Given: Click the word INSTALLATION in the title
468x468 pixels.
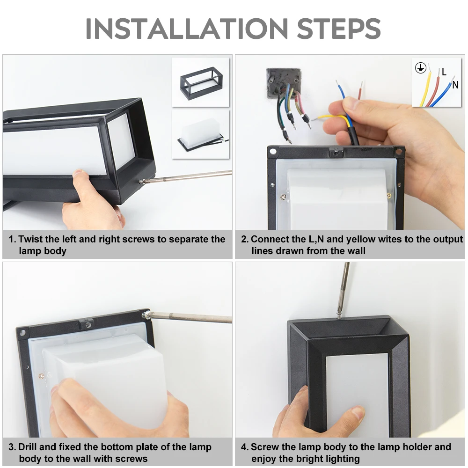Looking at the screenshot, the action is [x=187, y=29].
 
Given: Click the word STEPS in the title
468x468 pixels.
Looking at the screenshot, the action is [x=339, y=29].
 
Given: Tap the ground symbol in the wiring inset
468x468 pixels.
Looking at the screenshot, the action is [x=420, y=68].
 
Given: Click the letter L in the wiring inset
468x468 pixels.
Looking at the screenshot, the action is [x=444, y=72].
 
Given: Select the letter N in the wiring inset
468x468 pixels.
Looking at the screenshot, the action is [x=455, y=85].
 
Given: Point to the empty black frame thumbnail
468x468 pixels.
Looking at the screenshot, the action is [x=197, y=83].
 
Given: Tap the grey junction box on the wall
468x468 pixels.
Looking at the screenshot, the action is [x=284, y=81].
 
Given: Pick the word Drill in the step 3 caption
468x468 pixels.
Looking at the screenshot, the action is [x=28, y=447].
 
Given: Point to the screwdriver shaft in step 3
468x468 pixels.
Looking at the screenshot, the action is [x=191, y=317].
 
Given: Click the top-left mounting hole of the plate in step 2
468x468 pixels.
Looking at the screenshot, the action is [x=273, y=151].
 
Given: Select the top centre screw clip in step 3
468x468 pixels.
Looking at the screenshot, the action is [x=87, y=324].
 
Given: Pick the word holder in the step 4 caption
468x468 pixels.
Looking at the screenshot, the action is [x=417, y=447].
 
